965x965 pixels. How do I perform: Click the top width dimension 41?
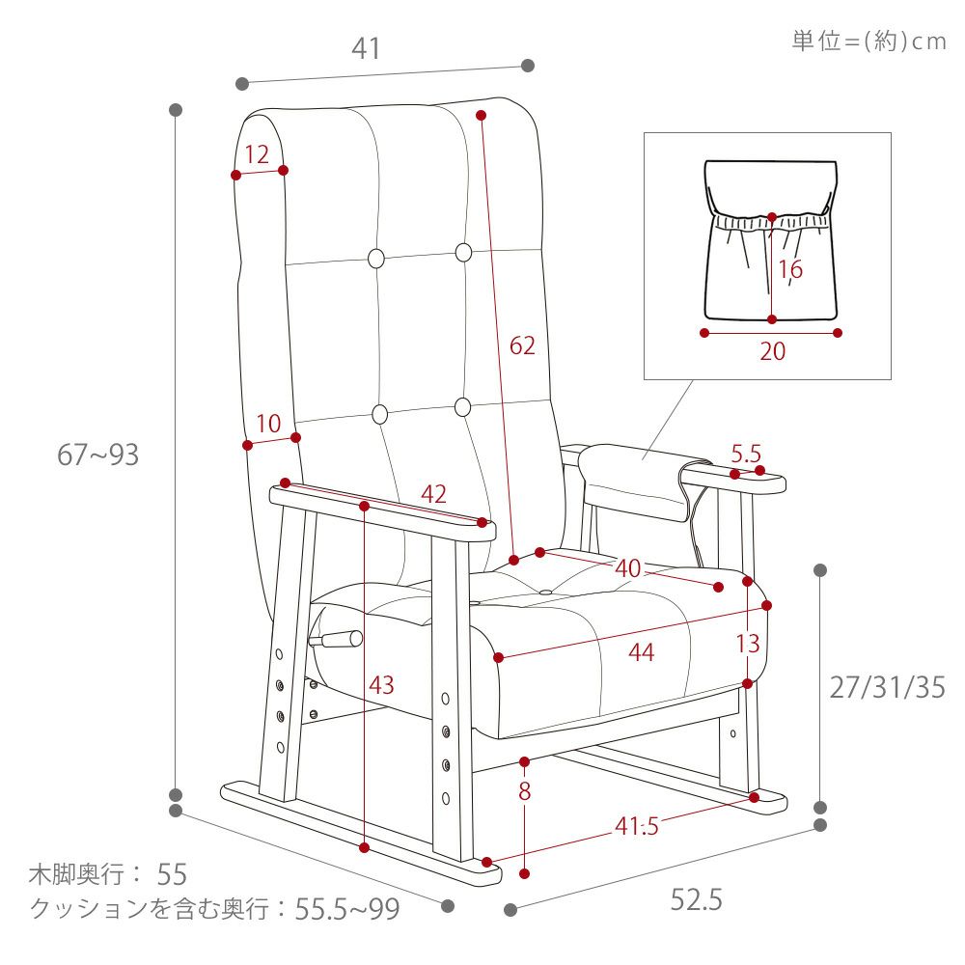tap(366, 48)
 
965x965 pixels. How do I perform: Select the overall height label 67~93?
tap(97, 455)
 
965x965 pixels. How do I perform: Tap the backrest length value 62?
tap(522, 345)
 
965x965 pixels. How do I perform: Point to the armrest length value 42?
tap(433, 494)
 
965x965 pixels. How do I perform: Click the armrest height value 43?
tap(381, 685)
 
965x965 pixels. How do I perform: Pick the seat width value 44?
tap(642, 652)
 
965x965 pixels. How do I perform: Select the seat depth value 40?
tap(628, 568)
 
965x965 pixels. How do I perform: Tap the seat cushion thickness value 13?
tap(748, 644)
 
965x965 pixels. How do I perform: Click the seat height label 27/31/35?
tap(888, 687)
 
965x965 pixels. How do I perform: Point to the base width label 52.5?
tap(696, 899)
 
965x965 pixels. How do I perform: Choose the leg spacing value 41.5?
tap(637, 826)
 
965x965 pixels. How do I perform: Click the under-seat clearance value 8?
tap(524, 791)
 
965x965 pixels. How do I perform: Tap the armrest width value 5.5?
tap(746, 455)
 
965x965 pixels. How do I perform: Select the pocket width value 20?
tap(772, 351)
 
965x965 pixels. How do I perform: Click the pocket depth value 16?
tap(790, 269)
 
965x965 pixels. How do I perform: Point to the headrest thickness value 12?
tap(257, 154)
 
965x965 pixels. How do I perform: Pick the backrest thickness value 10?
tap(268, 424)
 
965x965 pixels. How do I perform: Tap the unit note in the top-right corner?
tap(869, 41)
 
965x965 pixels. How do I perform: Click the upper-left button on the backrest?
tap(376, 258)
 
